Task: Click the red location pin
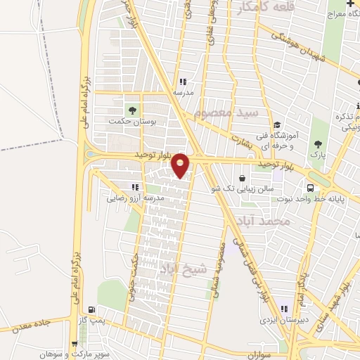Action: point(181,165)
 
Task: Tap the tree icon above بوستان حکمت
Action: point(131,110)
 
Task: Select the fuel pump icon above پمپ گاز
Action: point(91,309)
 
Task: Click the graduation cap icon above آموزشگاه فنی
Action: point(277,124)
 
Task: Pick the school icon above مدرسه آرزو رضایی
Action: point(134,187)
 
